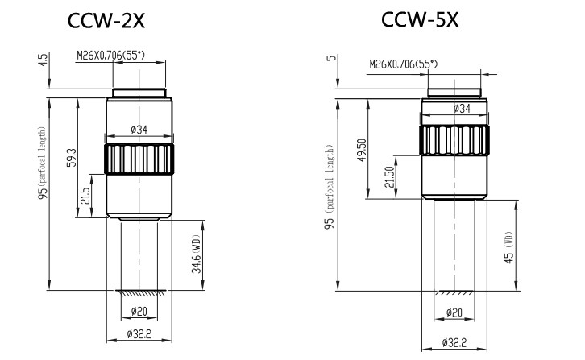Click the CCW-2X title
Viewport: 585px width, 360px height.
click(106, 20)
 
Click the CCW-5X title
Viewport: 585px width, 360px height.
click(420, 19)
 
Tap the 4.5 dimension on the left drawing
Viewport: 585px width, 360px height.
click(44, 60)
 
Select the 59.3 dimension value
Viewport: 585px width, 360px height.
click(72, 157)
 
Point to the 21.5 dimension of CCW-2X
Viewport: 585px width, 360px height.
click(85, 196)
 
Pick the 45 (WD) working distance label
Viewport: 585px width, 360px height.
click(509, 247)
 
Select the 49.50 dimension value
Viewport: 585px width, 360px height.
click(362, 150)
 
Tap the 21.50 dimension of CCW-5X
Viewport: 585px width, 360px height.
click(389, 177)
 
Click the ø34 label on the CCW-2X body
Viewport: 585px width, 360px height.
click(139, 130)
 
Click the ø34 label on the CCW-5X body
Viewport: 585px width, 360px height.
click(462, 109)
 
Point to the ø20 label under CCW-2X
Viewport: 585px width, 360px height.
click(139, 311)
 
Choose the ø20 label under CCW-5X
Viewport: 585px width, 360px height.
click(454, 312)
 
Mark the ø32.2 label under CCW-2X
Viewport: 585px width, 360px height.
click(139, 334)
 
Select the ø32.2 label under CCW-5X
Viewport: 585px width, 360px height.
click(454, 342)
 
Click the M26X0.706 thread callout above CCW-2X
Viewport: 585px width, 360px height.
click(111, 56)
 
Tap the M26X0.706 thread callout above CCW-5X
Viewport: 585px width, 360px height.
click(404, 64)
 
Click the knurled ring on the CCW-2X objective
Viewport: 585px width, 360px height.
click(139, 159)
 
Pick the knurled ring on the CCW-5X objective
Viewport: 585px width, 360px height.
click(454, 140)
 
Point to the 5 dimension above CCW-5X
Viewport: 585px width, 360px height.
click(333, 58)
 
